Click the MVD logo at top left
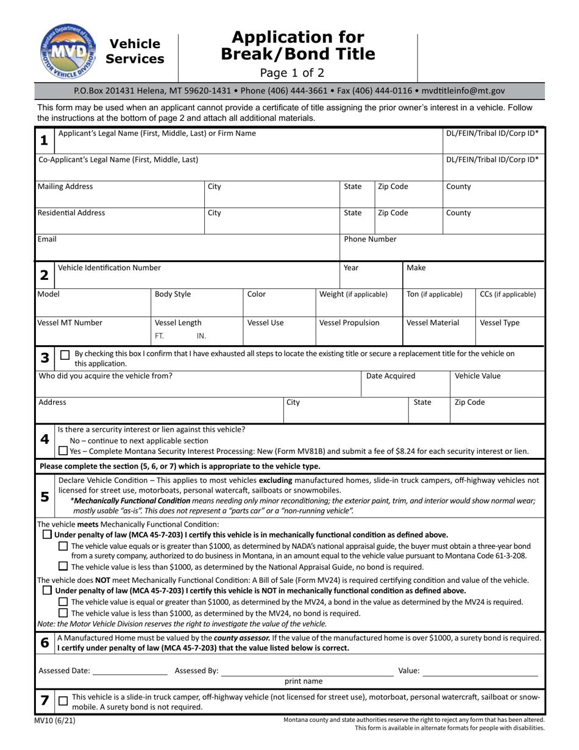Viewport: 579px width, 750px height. pyautogui.click(x=62, y=51)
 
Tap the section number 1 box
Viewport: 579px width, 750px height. pyautogui.click(x=44, y=140)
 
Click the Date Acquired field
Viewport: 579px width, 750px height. pyautogui.click(x=405, y=383)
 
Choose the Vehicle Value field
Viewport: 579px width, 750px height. pyautogui.click(x=497, y=383)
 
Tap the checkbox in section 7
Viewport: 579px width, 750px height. pyautogui.click(x=63, y=701)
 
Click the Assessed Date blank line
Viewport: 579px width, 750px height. pyautogui.click(x=130, y=671)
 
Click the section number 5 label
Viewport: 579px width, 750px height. pyautogui.click(x=44, y=497)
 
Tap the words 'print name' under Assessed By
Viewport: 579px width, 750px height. pyautogui.click(x=304, y=681)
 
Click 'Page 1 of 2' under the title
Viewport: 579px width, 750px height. pyautogui.click(x=297, y=73)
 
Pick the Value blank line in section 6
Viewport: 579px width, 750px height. pyautogui.click(x=480, y=671)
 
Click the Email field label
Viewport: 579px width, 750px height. pyautogui.click(x=48, y=240)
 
